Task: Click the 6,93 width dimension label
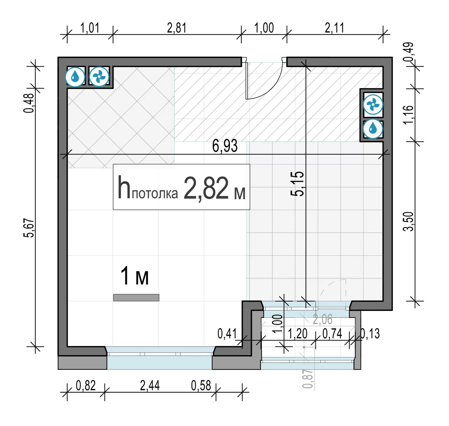tap(225, 146)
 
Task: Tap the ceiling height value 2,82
tap(206, 188)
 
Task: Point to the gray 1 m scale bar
tap(136, 297)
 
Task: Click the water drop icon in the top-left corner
tap(75, 76)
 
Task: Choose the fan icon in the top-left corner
tap(99, 76)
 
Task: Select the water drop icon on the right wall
tap(373, 129)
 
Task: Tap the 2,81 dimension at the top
tap(177, 28)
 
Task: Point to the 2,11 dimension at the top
tap(335, 28)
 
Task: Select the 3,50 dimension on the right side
tap(408, 221)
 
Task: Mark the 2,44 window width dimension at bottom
tap(150, 385)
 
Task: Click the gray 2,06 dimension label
tap(323, 319)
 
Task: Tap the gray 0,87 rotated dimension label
tap(308, 379)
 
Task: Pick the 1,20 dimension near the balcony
tap(298, 334)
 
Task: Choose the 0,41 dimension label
tap(227, 334)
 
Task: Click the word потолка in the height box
tap(155, 193)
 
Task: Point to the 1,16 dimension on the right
tap(408, 114)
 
